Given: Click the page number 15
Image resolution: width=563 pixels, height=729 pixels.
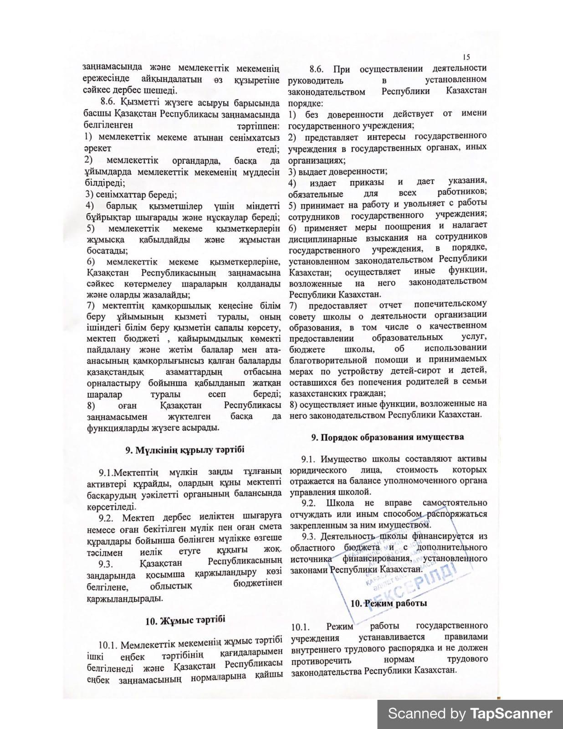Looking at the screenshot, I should (x=466, y=57).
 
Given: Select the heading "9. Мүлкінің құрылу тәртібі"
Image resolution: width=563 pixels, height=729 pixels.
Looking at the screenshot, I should (x=184, y=450).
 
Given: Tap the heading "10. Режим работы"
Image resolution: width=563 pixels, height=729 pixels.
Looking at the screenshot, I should (x=389, y=603).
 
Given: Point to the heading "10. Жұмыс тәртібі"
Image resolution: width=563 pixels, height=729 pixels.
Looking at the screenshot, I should (x=185, y=620).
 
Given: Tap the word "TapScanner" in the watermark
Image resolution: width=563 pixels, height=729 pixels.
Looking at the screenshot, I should (x=511, y=714).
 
